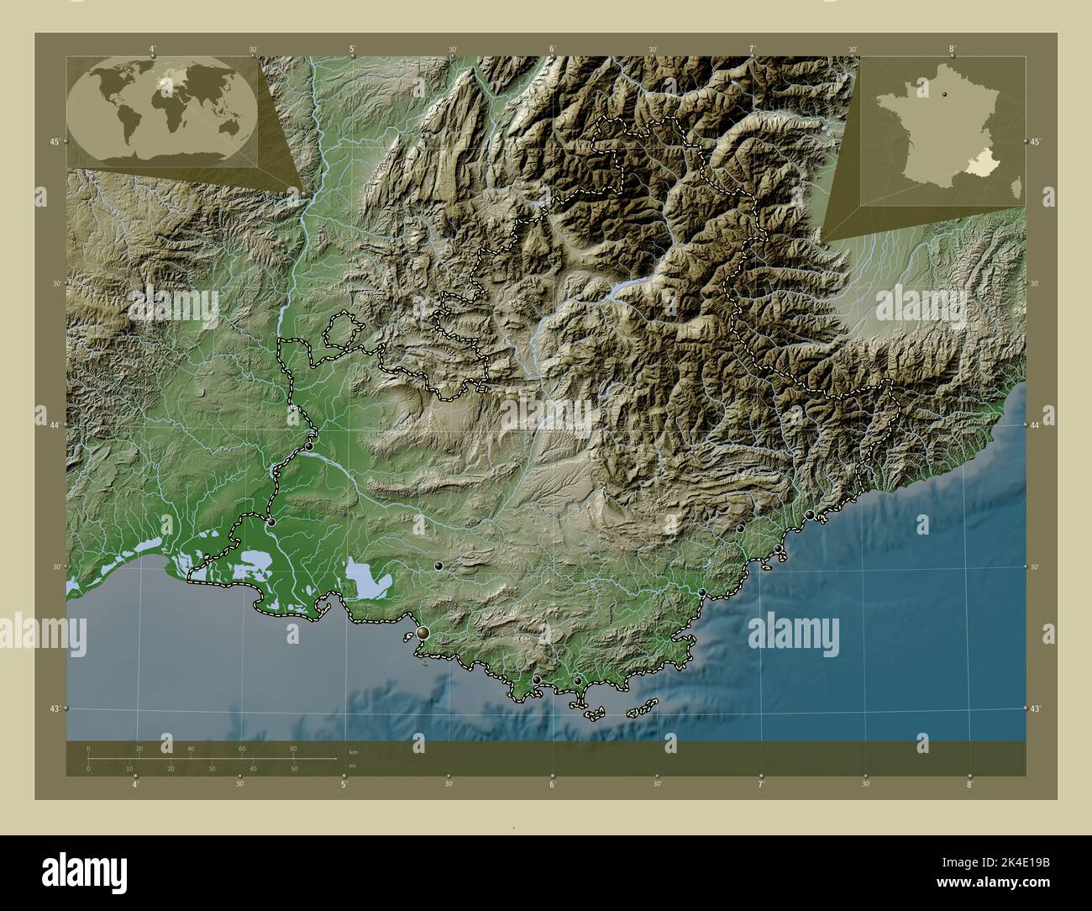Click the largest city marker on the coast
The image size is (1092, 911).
(x=423, y=632)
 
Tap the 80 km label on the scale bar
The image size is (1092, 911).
(x=293, y=749)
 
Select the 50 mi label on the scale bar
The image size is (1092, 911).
(x=293, y=769)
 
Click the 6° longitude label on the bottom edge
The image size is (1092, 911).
(x=553, y=784)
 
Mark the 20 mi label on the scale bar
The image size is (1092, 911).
(x=171, y=769)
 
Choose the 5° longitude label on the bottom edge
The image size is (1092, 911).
(x=344, y=784)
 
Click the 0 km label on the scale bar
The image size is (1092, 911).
(x=88, y=749)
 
